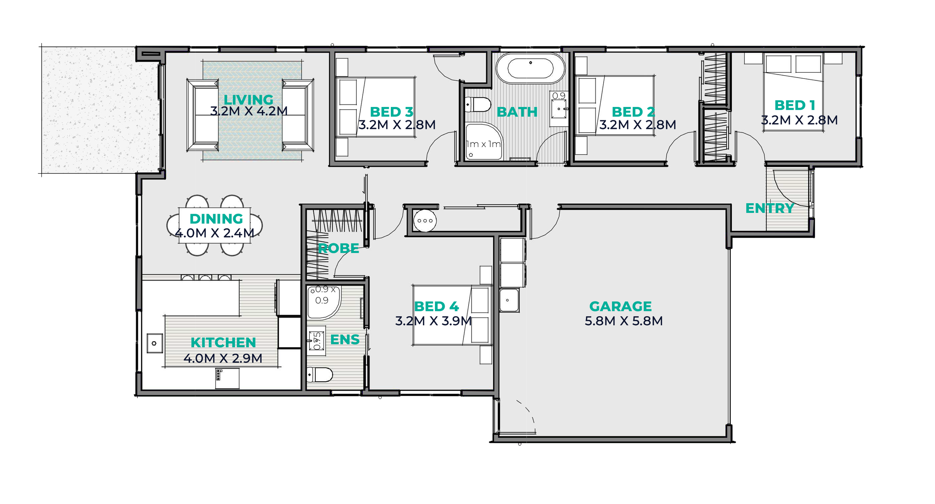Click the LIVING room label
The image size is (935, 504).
pos(248,100)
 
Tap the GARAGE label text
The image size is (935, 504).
pos(620,306)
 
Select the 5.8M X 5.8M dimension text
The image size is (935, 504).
pos(623,321)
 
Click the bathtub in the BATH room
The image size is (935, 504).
pos(530,68)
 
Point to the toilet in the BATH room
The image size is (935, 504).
pos(478,104)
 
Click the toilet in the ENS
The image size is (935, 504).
pos(320,375)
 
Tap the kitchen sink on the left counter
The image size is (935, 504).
pos(154,343)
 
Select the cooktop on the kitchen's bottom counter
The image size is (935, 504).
pos(227,379)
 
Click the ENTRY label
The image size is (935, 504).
pos(770,208)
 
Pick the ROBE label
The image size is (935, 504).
pos(338,248)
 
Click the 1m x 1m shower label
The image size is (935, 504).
pos(483,144)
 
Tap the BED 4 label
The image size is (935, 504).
pos(436,306)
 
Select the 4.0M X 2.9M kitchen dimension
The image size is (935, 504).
pos(223,358)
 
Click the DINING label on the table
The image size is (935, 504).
pos(216,219)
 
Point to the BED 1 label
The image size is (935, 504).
pos(795,105)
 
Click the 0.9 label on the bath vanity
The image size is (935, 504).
pos(559,96)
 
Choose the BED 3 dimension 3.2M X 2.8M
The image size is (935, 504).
pos(397,125)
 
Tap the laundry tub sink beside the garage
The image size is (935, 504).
pos(509,300)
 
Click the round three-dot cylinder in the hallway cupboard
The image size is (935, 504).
pos(425,221)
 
